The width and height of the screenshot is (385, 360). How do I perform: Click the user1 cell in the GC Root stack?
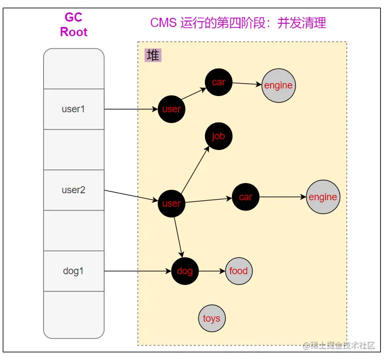[73, 109]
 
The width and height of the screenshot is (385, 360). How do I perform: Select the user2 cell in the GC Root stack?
[73, 190]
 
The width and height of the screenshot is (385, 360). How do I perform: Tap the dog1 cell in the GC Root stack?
[73, 271]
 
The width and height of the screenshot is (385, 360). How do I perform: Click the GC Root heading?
[74, 25]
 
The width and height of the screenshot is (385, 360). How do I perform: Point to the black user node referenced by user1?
[171, 109]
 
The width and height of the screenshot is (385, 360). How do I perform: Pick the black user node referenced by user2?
[171, 203]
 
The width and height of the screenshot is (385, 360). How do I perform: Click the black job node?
[218, 136]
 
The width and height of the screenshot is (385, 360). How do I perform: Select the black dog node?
[185, 271]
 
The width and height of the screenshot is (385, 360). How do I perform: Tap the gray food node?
[238, 271]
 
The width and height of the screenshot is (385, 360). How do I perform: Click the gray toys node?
[211, 318]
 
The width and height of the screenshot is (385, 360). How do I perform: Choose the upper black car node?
[218, 82]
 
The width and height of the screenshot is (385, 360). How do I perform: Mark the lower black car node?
[245, 197]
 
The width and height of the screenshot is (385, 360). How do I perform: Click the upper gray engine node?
[278, 85]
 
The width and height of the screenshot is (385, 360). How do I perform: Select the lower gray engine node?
[322, 197]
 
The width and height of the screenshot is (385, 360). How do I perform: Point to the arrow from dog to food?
[211, 271]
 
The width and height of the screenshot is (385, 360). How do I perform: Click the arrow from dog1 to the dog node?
[137, 271]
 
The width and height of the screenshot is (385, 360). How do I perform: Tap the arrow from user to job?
[195, 169]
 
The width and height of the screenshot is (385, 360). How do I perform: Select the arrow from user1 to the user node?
[131, 109]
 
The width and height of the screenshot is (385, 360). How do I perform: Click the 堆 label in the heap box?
[153, 55]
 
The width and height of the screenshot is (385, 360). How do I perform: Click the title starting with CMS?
[238, 23]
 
